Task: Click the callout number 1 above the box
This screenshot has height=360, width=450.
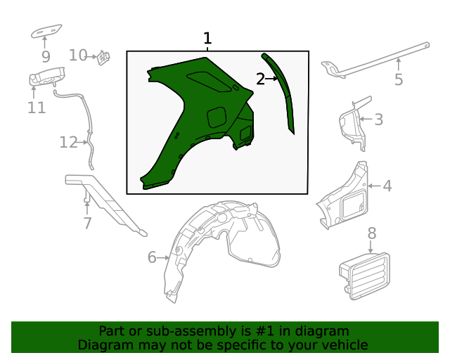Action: point(207,39)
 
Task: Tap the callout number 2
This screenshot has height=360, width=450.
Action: point(260,79)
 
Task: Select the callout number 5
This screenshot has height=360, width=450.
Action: point(399,79)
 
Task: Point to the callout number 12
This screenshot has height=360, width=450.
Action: point(69,143)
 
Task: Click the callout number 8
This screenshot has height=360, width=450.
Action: point(372,233)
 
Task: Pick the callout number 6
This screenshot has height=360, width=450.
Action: point(152,257)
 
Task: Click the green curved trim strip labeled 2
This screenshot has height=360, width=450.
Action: point(280,92)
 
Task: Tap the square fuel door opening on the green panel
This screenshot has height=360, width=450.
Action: point(217,117)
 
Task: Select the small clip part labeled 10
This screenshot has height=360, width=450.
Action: point(103,58)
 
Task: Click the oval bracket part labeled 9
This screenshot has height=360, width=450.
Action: point(46,31)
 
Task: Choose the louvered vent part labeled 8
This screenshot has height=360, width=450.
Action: point(365,276)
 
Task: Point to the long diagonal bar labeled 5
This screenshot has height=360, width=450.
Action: point(375,60)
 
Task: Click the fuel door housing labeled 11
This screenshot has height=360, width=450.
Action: point(47,77)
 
